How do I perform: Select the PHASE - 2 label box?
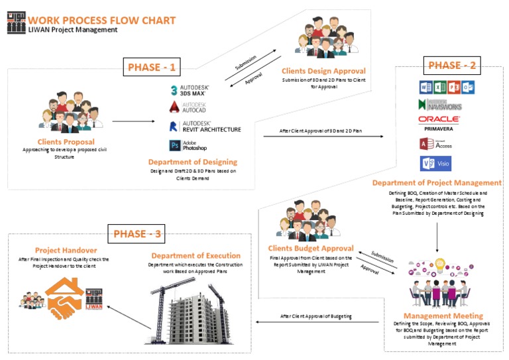453,65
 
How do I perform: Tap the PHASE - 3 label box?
138,233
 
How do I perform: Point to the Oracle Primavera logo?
439,122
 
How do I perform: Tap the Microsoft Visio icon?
435,163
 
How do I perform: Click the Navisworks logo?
439,105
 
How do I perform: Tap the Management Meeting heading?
443,316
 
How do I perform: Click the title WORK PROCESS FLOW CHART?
102,20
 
